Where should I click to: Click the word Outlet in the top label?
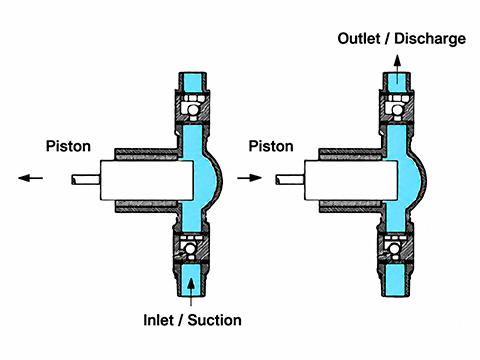[x=359, y=39]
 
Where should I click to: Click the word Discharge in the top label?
[x=430, y=39]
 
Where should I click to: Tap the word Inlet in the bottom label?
[x=158, y=320]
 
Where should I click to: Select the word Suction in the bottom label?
[x=214, y=320]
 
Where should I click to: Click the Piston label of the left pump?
[x=68, y=146]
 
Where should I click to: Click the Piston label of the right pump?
[x=271, y=146]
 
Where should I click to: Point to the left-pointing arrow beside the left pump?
[x=30, y=178]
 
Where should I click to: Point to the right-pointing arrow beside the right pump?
[x=249, y=178]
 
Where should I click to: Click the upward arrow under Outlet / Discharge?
[x=397, y=68]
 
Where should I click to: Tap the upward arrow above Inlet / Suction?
[x=191, y=291]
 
